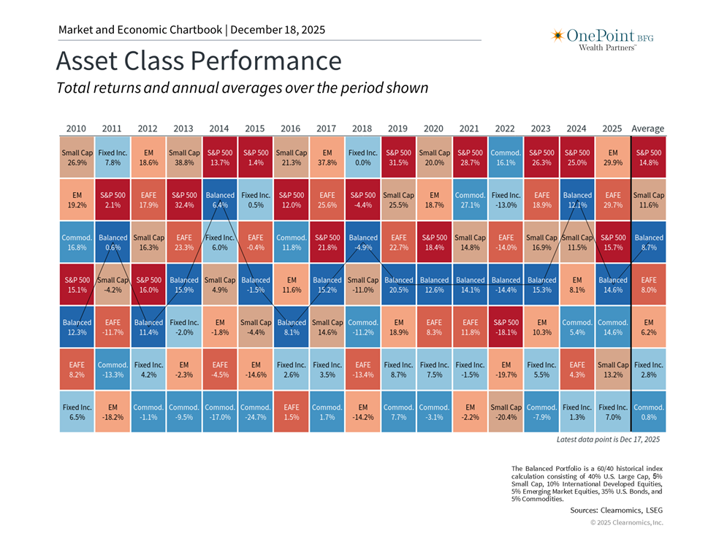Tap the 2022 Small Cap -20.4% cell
506,412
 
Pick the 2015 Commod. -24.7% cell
255,412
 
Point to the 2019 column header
398,129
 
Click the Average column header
648,129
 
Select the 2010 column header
76,129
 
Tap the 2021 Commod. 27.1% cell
470,200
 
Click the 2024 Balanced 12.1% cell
577,200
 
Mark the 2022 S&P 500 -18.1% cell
506,327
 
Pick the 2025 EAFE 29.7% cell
613,200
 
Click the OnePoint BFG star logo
557,35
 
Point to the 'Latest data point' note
608,440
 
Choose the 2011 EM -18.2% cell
112,412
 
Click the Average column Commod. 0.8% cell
649,412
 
